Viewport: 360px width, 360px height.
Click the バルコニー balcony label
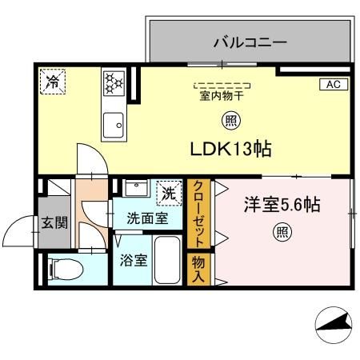[x=250, y=43]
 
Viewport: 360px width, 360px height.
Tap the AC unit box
[x=334, y=84]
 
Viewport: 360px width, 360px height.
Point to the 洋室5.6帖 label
[x=282, y=206]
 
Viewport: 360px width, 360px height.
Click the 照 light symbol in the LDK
[x=228, y=121]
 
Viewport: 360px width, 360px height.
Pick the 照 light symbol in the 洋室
[x=282, y=233]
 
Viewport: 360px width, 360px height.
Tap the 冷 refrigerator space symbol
[x=53, y=80]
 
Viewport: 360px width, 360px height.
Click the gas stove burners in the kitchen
[x=112, y=82]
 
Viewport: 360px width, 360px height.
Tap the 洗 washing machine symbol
[x=168, y=192]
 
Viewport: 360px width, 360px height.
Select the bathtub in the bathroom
[x=167, y=262]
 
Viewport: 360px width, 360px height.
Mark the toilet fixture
[x=62, y=267]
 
